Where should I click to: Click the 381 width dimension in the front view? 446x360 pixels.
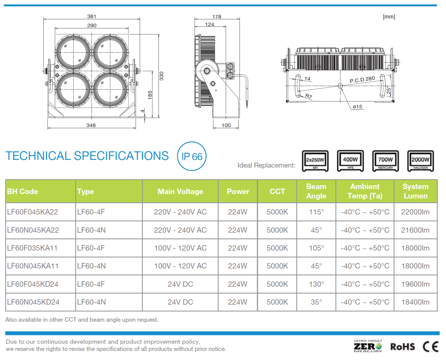pyautogui.click(x=91, y=17)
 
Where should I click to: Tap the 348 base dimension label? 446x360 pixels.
pyautogui.click(x=91, y=125)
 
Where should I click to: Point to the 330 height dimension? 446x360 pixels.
pyautogui.click(x=161, y=76)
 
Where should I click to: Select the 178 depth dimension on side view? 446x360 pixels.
pyautogui.click(x=217, y=17)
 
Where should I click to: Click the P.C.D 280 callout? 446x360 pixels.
pyautogui.click(x=362, y=80)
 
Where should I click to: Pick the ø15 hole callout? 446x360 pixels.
pyautogui.click(x=357, y=107)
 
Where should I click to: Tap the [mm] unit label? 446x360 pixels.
pyautogui.click(x=389, y=17)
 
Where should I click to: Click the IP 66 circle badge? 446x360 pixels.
pyautogui.click(x=192, y=156)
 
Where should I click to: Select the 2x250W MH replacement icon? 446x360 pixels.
pyautogui.click(x=315, y=161)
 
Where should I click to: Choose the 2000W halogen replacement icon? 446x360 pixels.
pyautogui.click(x=420, y=161)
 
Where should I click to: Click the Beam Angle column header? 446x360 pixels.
pyautogui.click(x=316, y=191)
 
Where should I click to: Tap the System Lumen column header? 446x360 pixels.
pyautogui.click(x=416, y=191)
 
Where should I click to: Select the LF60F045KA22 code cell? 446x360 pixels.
pyautogui.click(x=33, y=212)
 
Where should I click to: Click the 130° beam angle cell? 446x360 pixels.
pyautogui.click(x=316, y=284)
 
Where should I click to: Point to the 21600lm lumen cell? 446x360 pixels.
pyautogui.click(x=415, y=230)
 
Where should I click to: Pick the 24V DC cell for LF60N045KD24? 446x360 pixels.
pyautogui.click(x=180, y=302)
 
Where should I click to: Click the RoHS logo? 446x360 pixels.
pyautogui.click(x=402, y=347)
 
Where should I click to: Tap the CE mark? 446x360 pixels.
pyautogui.click(x=430, y=347)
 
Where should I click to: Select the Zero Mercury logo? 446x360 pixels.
pyautogui.click(x=368, y=346)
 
